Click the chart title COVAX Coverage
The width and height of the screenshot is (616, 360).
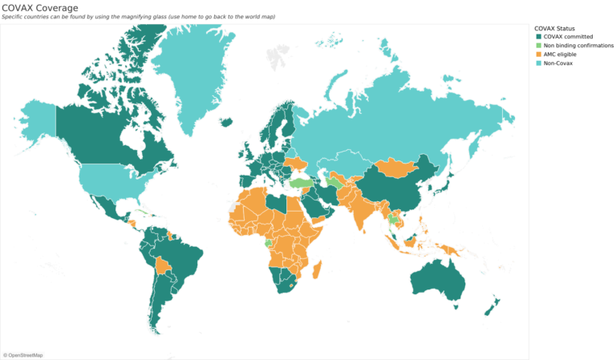[x=39, y=7]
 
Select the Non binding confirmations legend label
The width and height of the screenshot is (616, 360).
[x=578, y=46]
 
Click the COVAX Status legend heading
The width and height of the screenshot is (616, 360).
[x=560, y=28]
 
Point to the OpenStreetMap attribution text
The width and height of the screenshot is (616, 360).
[x=24, y=354]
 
